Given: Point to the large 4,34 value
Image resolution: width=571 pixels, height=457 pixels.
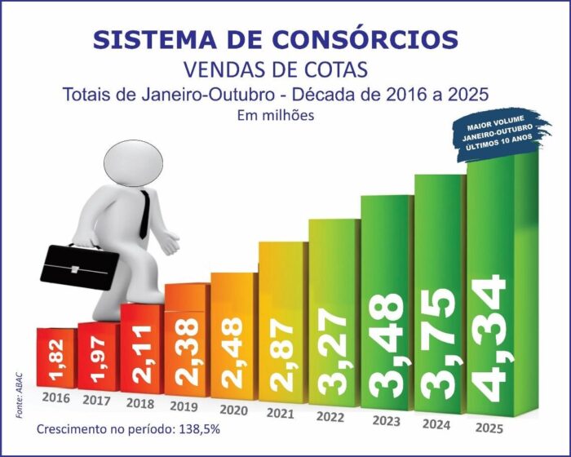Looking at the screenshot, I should point(492,339).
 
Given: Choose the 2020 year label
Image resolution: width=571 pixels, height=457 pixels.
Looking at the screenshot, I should point(234,409).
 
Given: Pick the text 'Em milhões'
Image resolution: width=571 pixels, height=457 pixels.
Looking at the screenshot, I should point(276,115).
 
